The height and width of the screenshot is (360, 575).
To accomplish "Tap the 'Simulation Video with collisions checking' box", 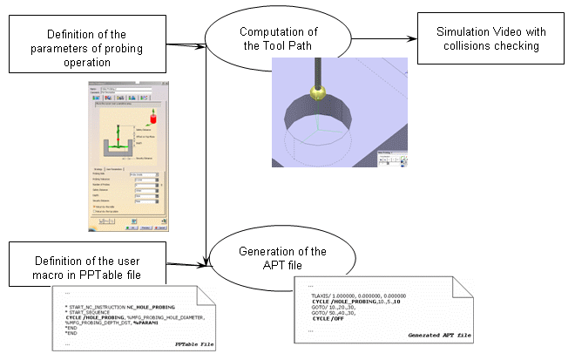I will pyautogui.click(x=488, y=39).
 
